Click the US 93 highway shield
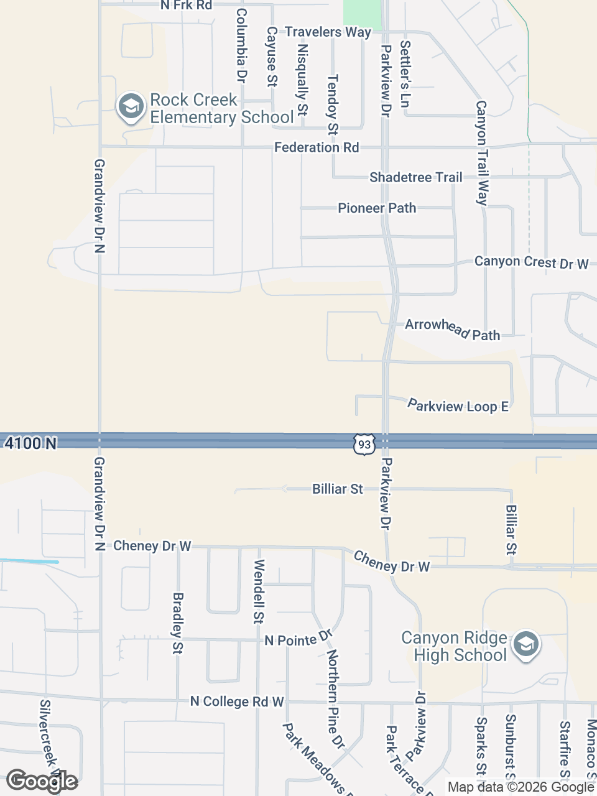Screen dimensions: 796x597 364,444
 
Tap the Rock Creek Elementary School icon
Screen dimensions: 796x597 131,108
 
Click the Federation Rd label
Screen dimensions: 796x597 317,147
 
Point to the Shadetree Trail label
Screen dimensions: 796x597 416,177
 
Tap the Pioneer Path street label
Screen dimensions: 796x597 377,208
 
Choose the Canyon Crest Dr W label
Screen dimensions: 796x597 531,262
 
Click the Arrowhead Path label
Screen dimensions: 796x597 453,329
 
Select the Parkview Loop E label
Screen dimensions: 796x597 458,406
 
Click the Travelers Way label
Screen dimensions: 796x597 328,32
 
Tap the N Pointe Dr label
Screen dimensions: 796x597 299,639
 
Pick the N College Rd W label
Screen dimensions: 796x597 237,701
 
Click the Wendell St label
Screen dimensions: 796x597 259,591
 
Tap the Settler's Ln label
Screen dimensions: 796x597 405,74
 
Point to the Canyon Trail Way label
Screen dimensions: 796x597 482,153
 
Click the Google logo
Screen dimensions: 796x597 42,781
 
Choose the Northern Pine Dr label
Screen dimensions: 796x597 336,699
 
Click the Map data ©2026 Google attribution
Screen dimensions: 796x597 521,787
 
